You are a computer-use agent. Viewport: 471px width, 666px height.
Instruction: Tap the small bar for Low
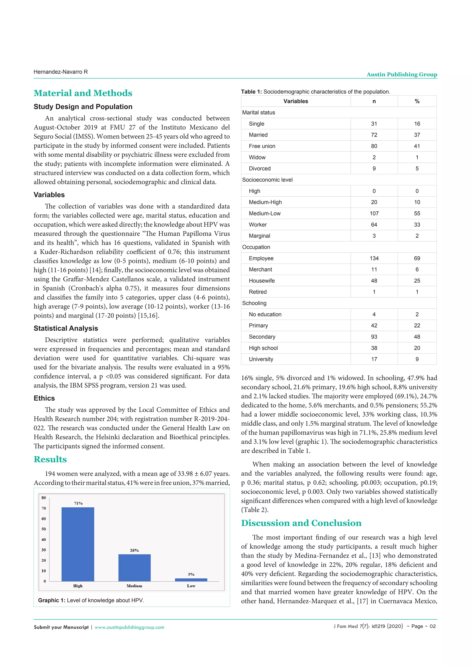(x=191, y=580)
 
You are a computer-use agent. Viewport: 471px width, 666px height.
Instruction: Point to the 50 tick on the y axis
(x=43, y=529)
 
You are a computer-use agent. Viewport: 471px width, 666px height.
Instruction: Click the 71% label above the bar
(x=78, y=503)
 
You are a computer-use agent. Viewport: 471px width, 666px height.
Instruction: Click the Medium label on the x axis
(x=134, y=586)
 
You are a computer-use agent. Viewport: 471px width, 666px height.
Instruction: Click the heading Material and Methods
(x=83, y=93)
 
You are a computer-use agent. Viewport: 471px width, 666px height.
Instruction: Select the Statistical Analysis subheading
(x=66, y=328)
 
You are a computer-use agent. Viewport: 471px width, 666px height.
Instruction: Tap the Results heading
(x=50, y=459)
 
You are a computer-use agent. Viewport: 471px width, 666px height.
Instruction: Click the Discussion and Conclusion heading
(x=301, y=523)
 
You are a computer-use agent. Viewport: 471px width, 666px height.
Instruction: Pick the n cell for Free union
(x=374, y=146)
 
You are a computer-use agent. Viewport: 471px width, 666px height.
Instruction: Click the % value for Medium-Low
(x=417, y=213)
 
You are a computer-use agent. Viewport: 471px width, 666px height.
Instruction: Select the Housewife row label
(x=261, y=281)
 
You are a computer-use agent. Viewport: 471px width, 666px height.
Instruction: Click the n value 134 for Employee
(x=374, y=258)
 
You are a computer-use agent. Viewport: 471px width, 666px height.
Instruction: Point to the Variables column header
(x=296, y=101)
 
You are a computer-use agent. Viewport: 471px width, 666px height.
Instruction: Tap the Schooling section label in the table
(x=254, y=303)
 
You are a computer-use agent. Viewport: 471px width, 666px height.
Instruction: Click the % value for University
(x=417, y=359)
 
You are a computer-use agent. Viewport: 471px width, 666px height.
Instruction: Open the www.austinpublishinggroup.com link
(x=129, y=627)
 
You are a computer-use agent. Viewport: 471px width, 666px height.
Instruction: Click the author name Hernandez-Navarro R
(x=61, y=72)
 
